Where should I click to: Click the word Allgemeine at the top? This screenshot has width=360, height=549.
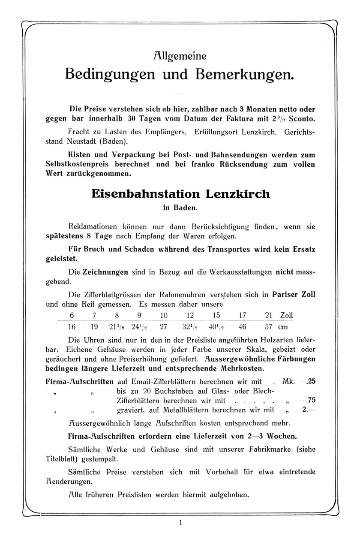180,56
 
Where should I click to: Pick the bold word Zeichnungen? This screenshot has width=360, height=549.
105,271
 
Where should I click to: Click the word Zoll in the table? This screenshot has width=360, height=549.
286,315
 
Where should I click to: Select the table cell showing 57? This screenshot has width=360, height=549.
269,326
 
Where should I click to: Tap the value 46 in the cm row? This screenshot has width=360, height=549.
242,326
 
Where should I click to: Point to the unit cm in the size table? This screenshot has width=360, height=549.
282,327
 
